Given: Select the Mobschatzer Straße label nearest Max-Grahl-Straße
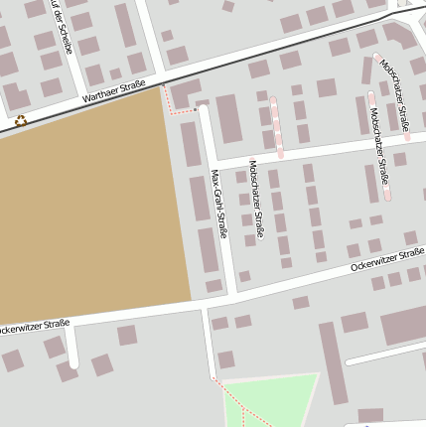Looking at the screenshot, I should pos(257,199).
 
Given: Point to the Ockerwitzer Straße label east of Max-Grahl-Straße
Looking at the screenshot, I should pos(386,262).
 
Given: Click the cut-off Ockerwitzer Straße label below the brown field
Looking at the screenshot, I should pos(35,326).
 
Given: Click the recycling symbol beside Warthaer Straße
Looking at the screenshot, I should pos(21,121).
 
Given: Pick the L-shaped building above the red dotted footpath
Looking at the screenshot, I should pos(184,95).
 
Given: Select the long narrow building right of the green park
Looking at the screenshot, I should pos(332,362).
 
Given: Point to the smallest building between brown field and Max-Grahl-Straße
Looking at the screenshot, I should pos(213,286).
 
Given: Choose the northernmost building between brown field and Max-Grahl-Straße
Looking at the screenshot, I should pos(190,144).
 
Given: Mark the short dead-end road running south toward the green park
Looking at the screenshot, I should pos(209,343).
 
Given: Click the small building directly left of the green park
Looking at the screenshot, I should pos(226,359).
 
